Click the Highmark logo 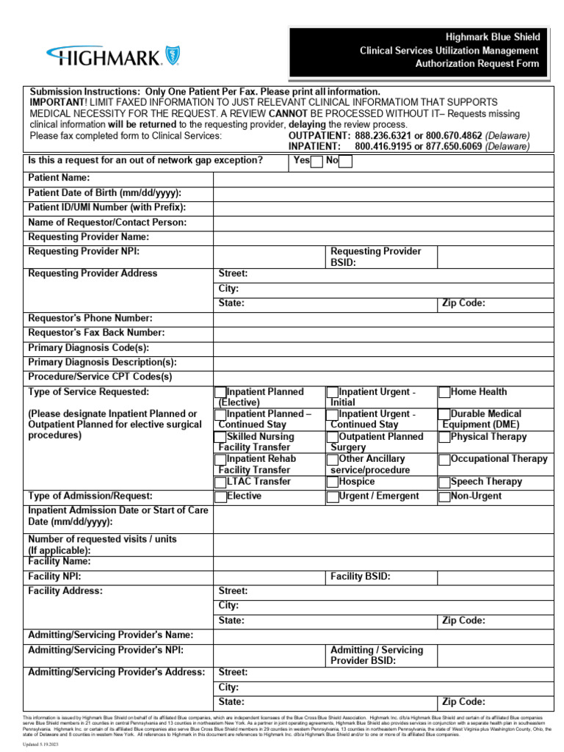[x=113, y=56]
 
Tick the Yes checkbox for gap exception [x=317, y=162]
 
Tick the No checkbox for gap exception [x=345, y=162]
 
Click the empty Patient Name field [x=383, y=178]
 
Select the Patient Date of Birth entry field [x=383, y=193]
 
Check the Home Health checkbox [x=444, y=393]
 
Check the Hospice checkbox [x=333, y=482]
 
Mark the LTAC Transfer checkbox [x=220, y=482]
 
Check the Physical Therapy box [x=444, y=438]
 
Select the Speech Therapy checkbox [x=444, y=482]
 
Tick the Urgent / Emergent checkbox [x=333, y=497]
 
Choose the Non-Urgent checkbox [x=444, y=497]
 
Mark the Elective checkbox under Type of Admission [x=220, y=497]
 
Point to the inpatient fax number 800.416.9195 [x=381, y=146]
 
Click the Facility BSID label [x=360, y=577]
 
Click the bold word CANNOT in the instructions [x=290, y=114]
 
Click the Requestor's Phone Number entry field [x=383, y=318]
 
